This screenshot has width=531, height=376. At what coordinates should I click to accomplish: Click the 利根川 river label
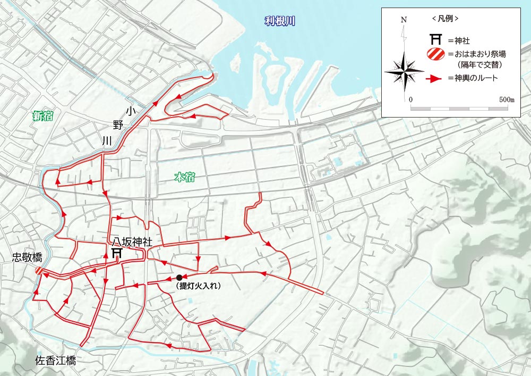tap(280, 22)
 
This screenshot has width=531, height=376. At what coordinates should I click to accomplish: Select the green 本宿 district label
tap(184, 177)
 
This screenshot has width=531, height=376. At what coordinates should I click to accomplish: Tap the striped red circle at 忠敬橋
tap(39, 271)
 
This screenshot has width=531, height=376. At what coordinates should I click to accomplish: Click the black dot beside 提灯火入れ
tap(179, 277)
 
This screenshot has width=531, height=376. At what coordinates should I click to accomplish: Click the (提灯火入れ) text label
tap(198, 286)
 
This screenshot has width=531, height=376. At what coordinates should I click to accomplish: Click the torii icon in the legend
tap(436, 39)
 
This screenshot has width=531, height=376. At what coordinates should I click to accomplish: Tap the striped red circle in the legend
tap(436, 54)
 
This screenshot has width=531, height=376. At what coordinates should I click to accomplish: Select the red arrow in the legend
tap(435, 79)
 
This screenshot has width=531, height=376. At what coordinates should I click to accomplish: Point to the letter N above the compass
tap(404, 20)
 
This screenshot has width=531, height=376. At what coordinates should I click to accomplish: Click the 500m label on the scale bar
tap(507, 99)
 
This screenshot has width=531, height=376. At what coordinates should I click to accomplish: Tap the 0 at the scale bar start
tap(411, 99)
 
